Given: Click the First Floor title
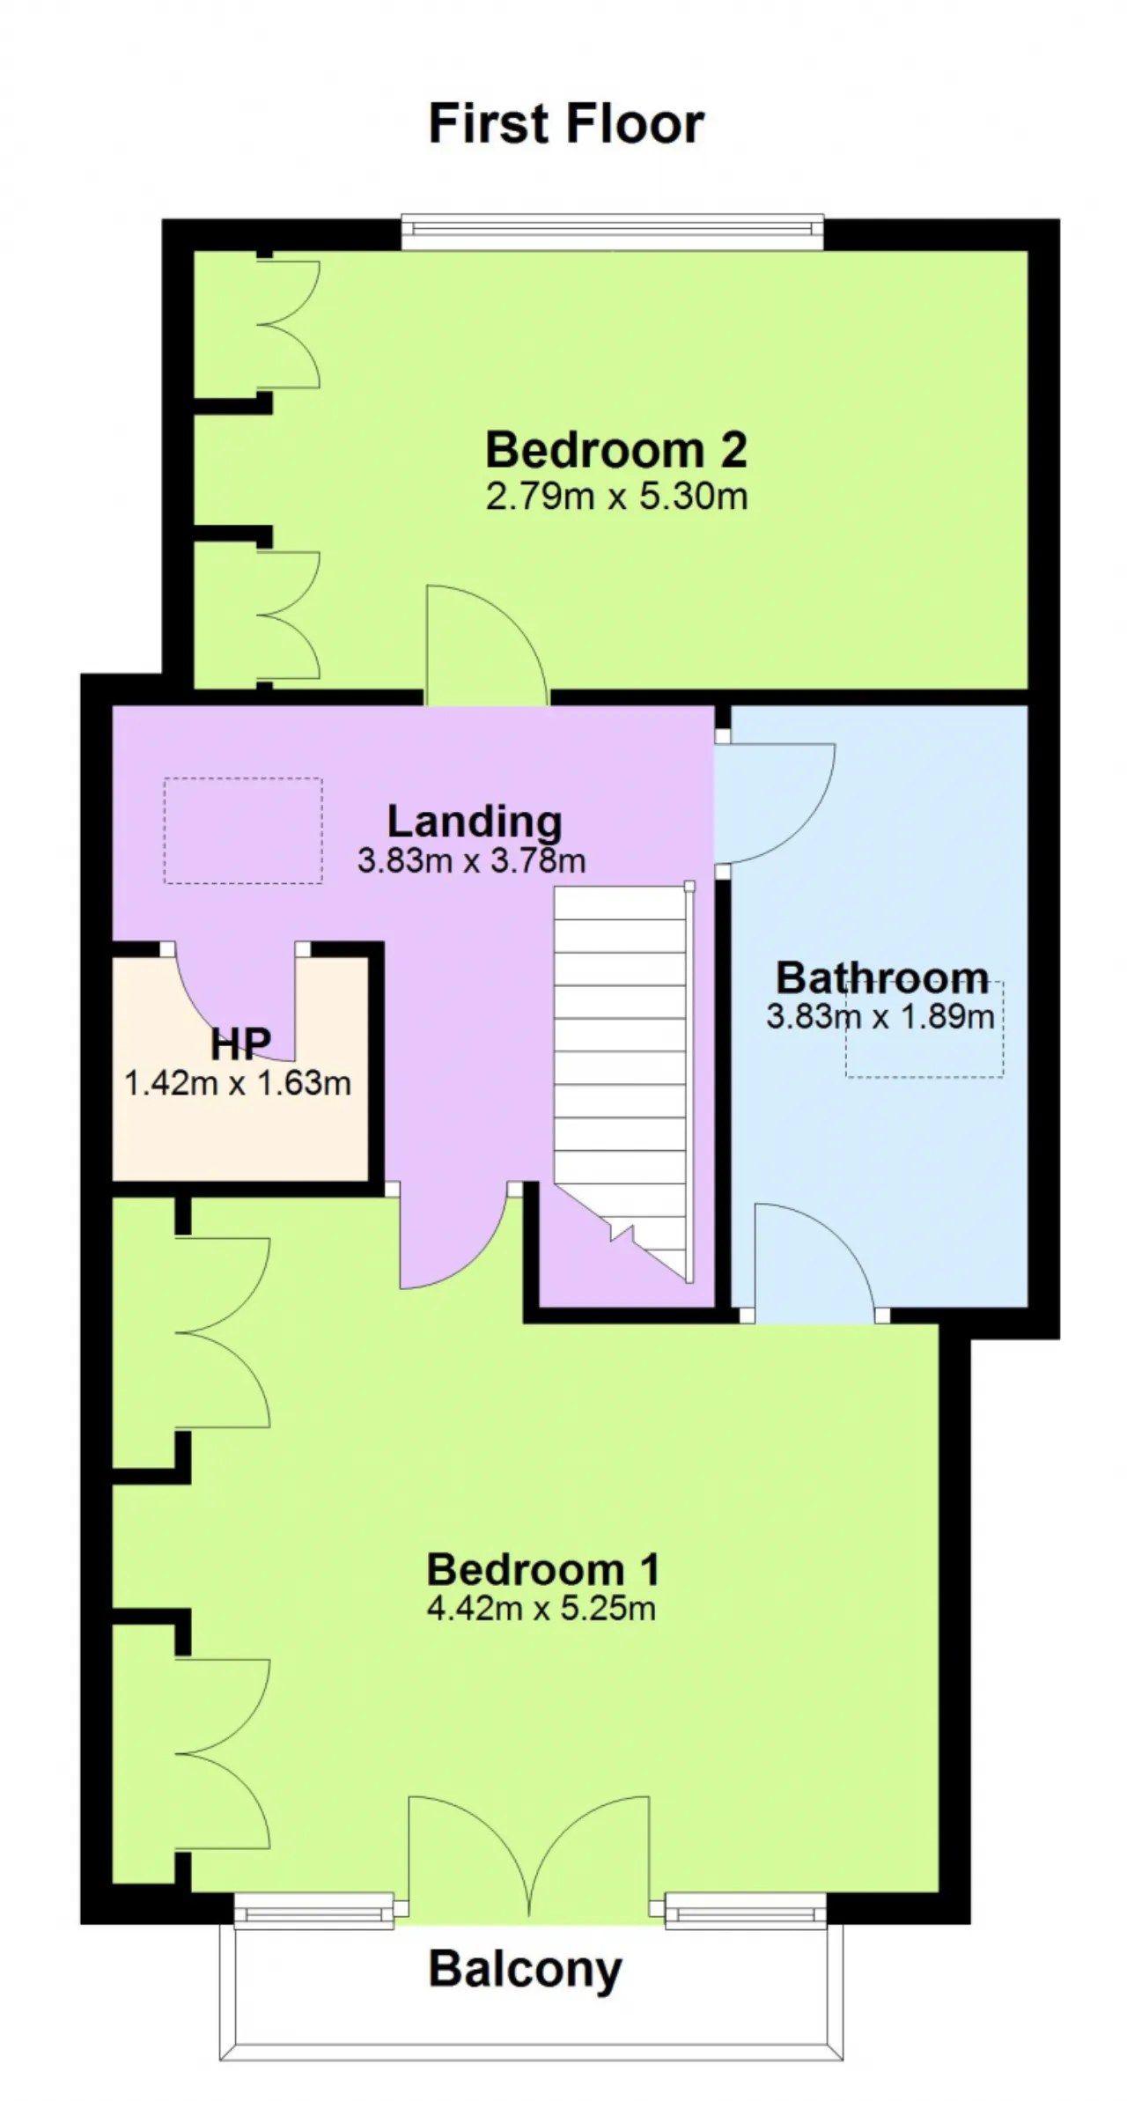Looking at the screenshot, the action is coord(566,123).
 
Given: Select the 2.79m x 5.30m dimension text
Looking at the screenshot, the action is coord(616,497).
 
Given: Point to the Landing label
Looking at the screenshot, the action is coord(475,822).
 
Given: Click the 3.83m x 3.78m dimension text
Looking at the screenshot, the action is coord(472,860).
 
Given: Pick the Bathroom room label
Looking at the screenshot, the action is coord(882,978).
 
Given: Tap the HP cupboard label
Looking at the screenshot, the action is coord(240,1044).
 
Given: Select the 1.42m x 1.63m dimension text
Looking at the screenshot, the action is coord(238,1083).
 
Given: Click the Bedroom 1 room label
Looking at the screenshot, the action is coord(542,1569).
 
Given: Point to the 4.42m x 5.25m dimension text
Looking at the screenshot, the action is coord(541,1609).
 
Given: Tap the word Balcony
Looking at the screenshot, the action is coord(526,1969).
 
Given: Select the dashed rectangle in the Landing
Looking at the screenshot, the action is coord(243,830).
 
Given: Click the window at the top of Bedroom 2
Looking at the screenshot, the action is coord(613,231).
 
